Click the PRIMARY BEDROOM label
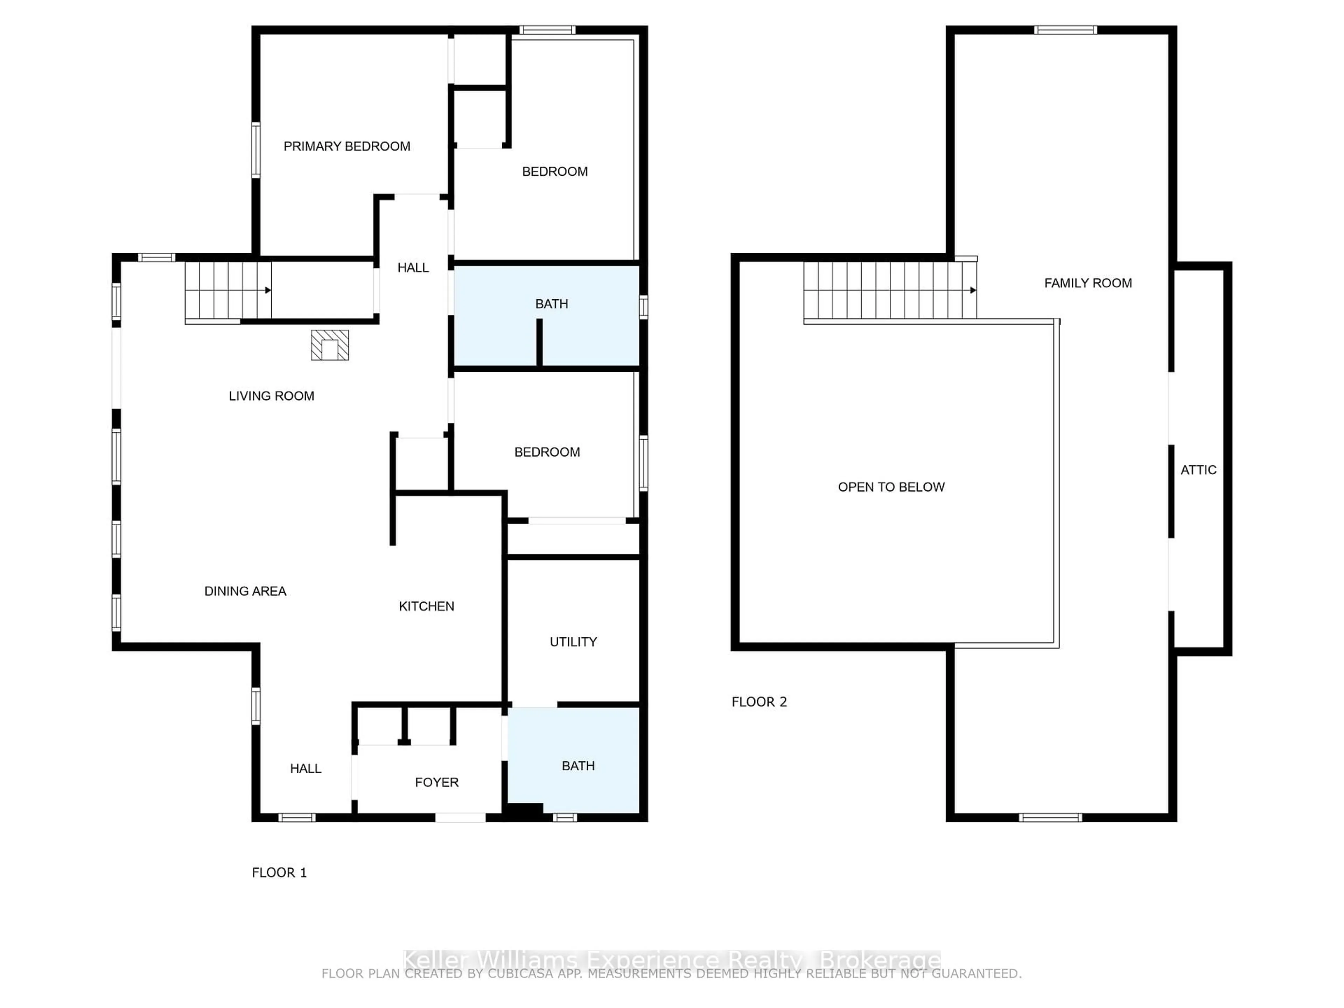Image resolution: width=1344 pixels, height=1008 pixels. coord(346,146)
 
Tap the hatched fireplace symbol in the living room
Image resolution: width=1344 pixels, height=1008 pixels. coord(330,345)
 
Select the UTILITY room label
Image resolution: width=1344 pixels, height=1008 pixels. coord(573,642)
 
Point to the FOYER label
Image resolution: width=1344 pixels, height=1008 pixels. coord(436,782)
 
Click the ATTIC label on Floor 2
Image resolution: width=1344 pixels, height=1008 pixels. coord(1198,470)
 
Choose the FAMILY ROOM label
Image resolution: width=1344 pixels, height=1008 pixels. coord(1087,283)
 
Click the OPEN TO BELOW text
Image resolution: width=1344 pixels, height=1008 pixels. coord(891,487)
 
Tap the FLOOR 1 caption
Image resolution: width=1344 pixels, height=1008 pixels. coord(279,873)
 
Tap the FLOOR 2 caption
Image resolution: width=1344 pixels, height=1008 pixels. coord(759,702)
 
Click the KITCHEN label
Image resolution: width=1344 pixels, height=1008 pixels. coord(426,606)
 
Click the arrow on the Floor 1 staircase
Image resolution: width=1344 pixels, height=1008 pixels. coord(267,290)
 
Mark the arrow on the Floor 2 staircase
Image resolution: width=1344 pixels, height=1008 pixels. coord(973,290)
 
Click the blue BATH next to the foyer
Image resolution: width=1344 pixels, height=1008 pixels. coord(578,765)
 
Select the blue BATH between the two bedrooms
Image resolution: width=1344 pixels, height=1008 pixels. coord(551,304)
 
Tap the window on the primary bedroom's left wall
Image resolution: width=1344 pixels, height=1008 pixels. coord(256,150)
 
